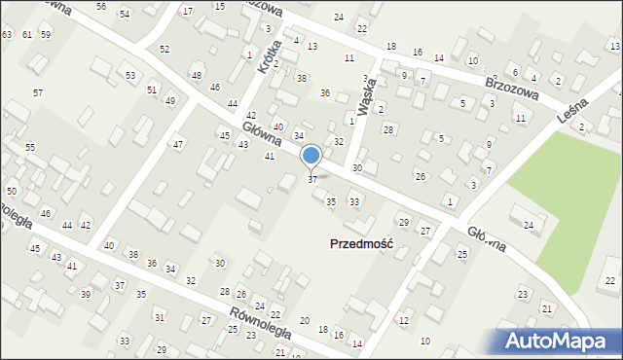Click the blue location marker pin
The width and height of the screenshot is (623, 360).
click(x=311, y=157)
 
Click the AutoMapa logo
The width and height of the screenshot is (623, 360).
click(x=560, y=341)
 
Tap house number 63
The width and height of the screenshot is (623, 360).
click(x=7, y=35)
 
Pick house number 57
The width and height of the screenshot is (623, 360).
click(x=38, y=92)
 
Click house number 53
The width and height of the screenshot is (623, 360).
click(x=129, y=75)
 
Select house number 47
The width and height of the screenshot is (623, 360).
click(x=177, y=145)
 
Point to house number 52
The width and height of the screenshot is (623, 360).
click(x=164, y=49)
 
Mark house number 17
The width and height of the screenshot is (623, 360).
click(x=187, y=11)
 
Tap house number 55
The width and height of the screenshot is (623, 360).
click(x=30, y=147)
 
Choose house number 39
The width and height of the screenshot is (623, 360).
click(x=86, y=294)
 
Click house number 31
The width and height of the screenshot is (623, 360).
click(x=159, y=318)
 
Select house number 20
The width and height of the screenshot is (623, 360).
click(x=305, y=321)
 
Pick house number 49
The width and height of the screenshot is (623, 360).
click(x=169, y=101)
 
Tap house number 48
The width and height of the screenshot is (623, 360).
click(x=197, y=75)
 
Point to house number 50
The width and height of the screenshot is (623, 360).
click(x=11, y=191)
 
